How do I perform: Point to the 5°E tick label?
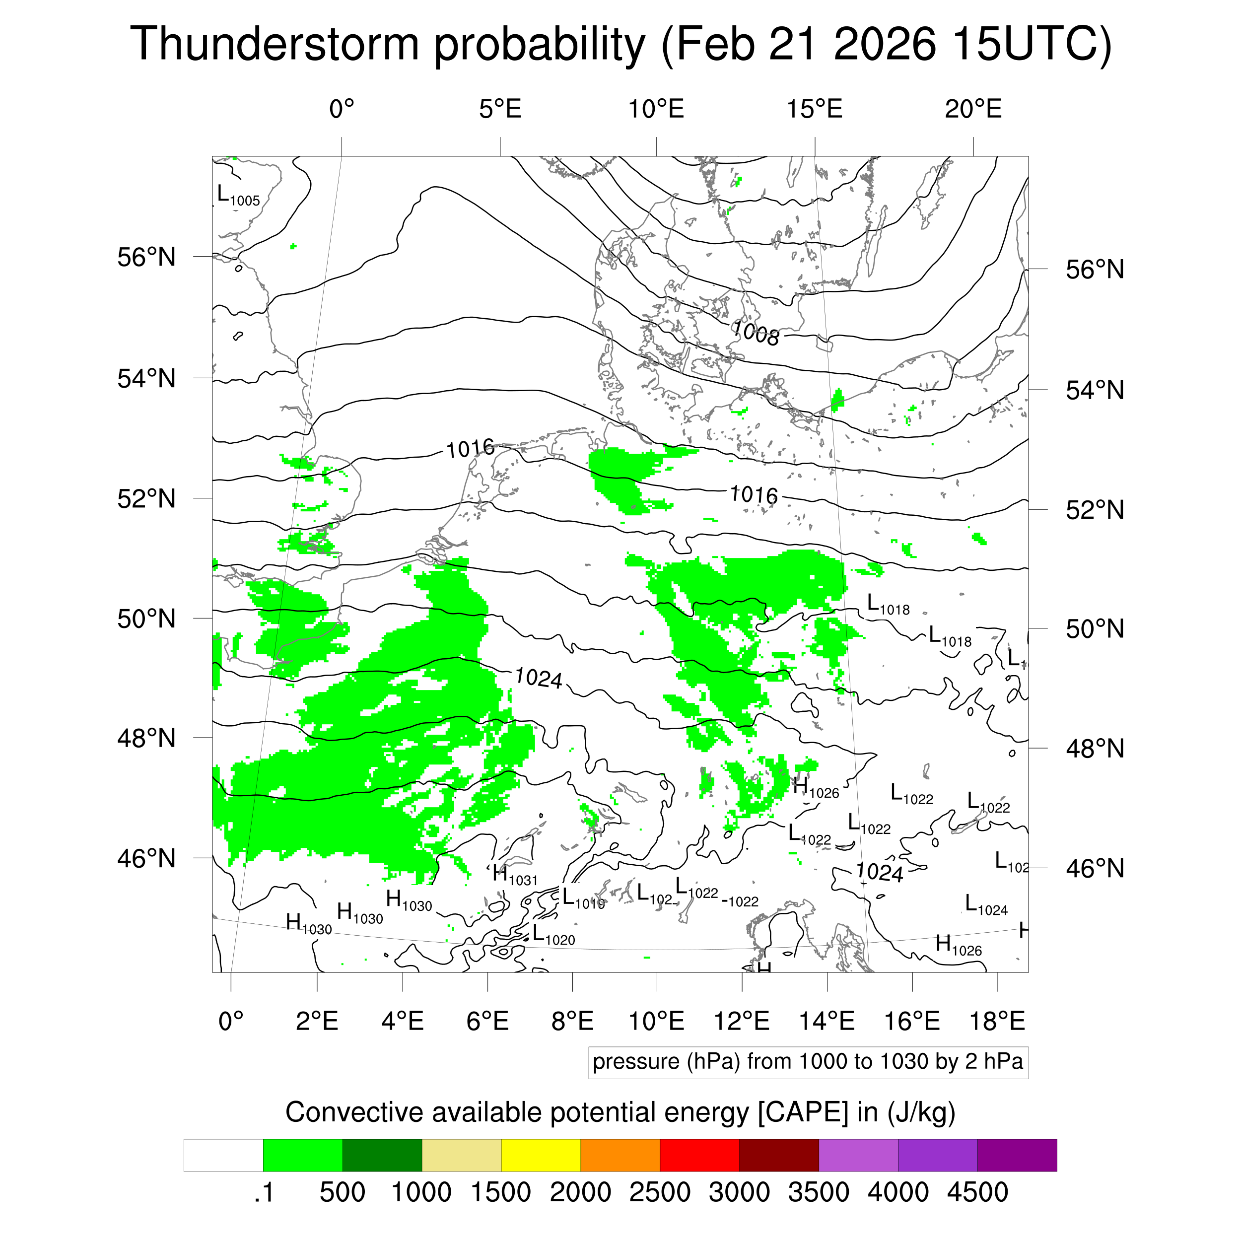tap(500, 109)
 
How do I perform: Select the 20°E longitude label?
tap(973, 109)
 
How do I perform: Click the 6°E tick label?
tap(487, 1021)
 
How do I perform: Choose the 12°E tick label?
tap(742, 1021)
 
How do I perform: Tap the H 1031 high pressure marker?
tap(514, 876)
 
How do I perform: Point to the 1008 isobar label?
tap(756, 333)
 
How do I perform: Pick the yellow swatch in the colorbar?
tap(541, 1156)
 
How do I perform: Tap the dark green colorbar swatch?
tap(382, 1156)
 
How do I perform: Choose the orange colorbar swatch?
tap(620, 1156)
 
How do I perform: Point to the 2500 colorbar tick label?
tap(660, 1193)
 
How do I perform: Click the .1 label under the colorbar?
tap(264, 1193)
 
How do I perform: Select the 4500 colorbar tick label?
tap(977, 1193)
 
